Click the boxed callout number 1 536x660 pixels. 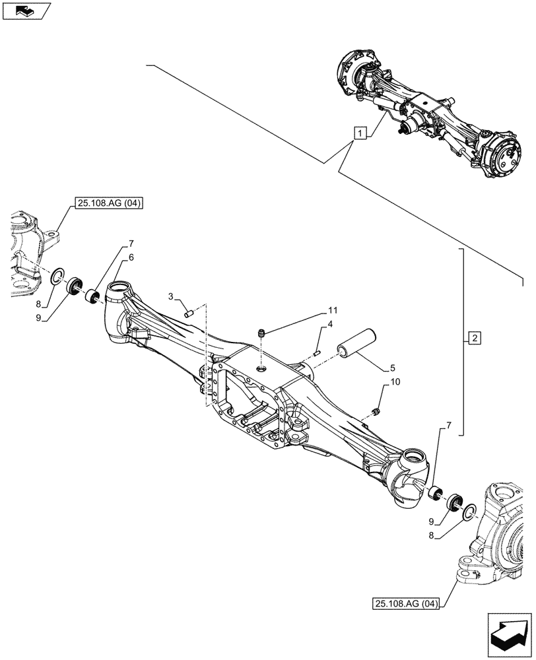359,133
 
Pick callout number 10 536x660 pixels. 395,382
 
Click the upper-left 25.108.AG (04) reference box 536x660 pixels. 105,204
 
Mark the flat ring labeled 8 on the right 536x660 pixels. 471,511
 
